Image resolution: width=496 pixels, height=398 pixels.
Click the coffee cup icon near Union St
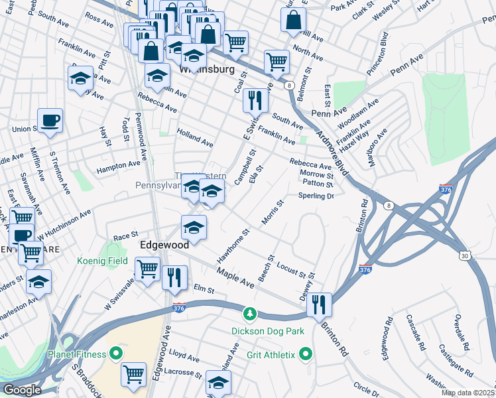pyautogui.click(x=50, y=121)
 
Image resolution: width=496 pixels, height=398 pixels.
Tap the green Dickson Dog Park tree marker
pyautogui.click(x=249, y=313)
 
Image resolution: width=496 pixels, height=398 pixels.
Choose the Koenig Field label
pyautogui.click(x=102, y=261)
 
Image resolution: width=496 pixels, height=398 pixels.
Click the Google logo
pyautogui.click(x=21, y=390)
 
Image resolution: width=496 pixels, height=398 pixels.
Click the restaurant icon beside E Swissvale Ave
pyautogui.click(x=255, y=101)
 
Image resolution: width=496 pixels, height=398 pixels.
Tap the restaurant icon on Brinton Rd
pyautogui.click(x=320, y=304)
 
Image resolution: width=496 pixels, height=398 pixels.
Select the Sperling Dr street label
pyautogui.click(x=315, y=196)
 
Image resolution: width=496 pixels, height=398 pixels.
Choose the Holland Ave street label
pyautogui.click(x=195, y=138)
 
